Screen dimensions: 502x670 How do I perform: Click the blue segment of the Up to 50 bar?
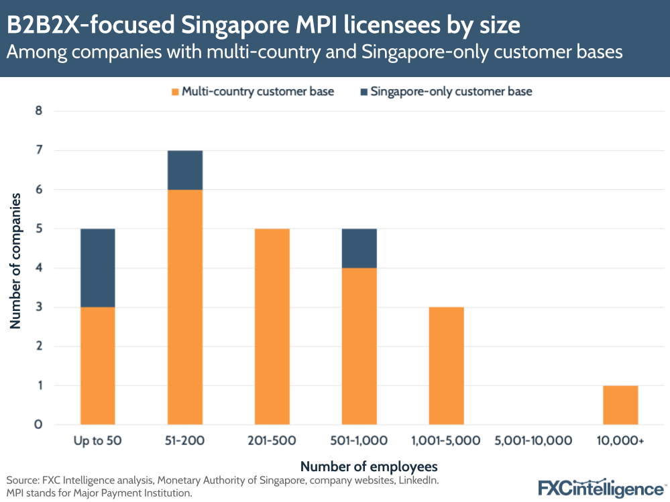(97, 268)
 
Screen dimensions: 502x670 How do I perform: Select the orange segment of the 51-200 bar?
(185, 307)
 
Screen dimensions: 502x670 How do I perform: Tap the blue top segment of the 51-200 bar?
(185, 170)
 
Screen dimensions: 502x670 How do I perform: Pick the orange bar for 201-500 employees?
(272, 326)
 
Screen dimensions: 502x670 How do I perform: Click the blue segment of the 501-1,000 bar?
(359, 249)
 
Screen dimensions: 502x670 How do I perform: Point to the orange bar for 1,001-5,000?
(446, 366)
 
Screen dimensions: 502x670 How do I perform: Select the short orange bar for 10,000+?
(620, 405)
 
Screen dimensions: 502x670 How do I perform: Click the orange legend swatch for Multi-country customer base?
(176, 91)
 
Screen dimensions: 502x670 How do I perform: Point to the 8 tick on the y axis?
(39, 111)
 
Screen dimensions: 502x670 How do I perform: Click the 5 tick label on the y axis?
(39, 229)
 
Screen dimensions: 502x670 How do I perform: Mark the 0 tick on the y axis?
(39, 425)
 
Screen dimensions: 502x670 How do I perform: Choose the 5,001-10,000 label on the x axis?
(533, 441)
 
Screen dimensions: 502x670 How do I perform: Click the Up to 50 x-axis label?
(97, 441)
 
